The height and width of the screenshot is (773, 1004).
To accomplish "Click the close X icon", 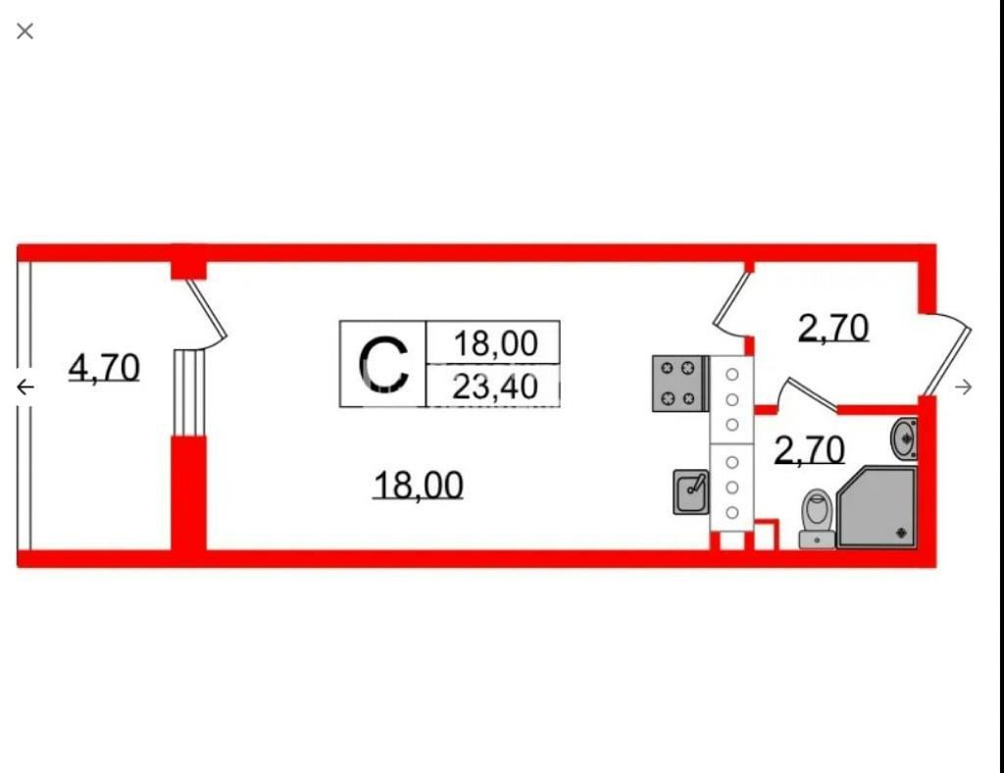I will coord(25,31).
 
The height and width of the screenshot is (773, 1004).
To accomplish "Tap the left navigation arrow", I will coord(25,387).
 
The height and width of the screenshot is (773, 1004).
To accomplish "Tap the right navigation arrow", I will coord(964,387).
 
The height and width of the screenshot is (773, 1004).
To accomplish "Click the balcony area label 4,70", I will coord(104,368).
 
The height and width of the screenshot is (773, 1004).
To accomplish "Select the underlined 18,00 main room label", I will coord(418,485).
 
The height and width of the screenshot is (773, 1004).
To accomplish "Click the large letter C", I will coord(382,364).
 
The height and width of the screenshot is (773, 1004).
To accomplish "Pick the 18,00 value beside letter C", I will coord(495,343).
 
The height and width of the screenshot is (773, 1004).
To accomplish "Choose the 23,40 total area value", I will coord(495,386).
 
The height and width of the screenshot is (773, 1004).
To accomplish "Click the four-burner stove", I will coord(679,384).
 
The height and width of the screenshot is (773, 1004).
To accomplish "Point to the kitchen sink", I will coord(691,492).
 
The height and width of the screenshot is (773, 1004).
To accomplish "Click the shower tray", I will coord(878,507).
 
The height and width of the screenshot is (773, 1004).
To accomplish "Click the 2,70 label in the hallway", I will coord(833,328).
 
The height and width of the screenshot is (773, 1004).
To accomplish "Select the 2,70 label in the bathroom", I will coord(809,450).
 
